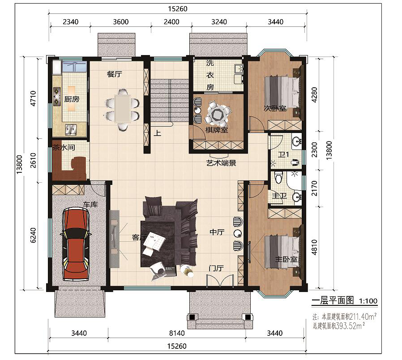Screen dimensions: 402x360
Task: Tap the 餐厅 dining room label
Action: click(114, 74)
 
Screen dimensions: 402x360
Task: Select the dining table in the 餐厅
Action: click(123, 108)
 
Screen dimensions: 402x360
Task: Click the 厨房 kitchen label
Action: click(72, 99)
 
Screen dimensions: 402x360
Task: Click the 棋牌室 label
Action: click(217, 130)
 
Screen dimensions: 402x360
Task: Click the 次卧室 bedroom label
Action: click(275, 108)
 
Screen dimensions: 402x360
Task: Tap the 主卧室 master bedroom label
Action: click(287, 260)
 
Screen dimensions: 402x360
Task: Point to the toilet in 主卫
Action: click(278, 177)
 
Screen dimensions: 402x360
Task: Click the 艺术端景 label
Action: click(221, 163)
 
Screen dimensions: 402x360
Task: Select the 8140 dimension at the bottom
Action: click(177, 333)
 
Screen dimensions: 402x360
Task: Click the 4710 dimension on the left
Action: click(33, 99)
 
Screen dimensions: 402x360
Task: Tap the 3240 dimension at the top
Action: click(219, 22)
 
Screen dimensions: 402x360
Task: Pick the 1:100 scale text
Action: click(368, 301)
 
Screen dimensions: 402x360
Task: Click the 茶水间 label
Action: click(64, 147)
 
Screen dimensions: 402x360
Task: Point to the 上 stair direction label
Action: click(158, 133)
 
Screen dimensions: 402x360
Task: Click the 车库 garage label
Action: click(90, 205)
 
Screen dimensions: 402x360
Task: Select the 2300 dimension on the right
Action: click(314, 150)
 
